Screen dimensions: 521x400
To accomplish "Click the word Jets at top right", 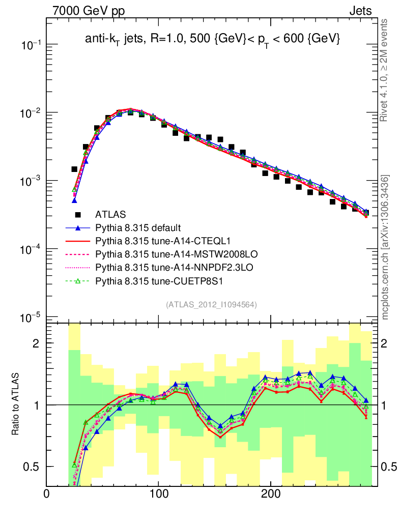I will pos(360,11).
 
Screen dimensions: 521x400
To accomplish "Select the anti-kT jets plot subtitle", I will pos(212,38).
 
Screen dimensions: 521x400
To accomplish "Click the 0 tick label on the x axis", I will pos(47,494).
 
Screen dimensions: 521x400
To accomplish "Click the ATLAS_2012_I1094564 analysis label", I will pos(211,304).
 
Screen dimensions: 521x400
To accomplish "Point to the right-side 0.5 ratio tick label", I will pos(389,467).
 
